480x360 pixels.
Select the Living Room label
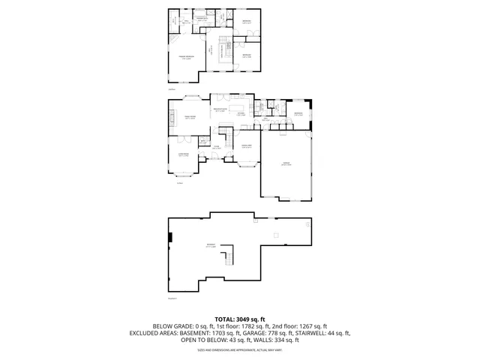point(183,155)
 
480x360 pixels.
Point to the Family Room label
point(190,117)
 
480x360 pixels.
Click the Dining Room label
point(246,147)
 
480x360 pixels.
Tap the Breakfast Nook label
point(220,111)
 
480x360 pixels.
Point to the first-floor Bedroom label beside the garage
point(298,114)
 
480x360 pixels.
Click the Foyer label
point(215,148)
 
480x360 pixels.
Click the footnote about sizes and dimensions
point(240,349)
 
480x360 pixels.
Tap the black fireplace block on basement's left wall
point(170,238)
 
